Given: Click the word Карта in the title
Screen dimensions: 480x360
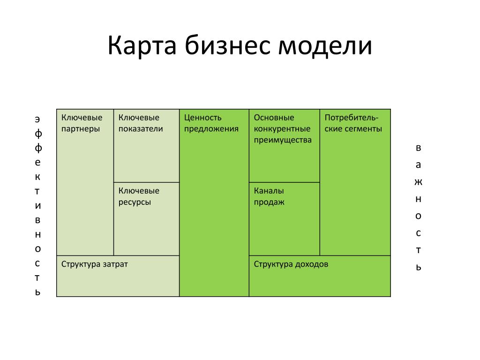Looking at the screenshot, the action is (142, 46).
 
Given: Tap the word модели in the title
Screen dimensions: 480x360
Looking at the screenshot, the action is (325, 46).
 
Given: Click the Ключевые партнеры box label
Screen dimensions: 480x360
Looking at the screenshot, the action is (82, 123).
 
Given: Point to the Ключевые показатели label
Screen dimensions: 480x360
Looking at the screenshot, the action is (141, 123).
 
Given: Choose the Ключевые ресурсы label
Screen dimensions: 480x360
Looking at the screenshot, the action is (139, 196).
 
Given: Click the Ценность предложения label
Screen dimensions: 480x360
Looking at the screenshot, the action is (211, 123).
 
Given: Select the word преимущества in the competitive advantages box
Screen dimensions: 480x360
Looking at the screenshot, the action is (283, 140).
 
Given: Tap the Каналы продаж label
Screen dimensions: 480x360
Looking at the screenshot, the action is (269, 196).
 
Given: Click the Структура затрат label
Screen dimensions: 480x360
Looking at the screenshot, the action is (94, 264).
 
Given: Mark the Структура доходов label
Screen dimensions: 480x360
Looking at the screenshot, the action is (291, 264).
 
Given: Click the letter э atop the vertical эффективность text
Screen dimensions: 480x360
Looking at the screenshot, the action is (37, 119).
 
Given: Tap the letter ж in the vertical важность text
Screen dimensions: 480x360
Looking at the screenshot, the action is (418, 182).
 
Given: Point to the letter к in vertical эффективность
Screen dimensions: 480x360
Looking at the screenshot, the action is (37, 177).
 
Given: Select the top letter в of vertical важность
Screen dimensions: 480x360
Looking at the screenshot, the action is (418, 148).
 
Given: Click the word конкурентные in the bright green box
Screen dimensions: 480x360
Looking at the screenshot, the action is (282, 129).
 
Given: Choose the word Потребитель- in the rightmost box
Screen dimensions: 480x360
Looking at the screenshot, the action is (352, 118).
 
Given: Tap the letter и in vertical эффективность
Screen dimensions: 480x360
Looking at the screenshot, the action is (37, 206).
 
